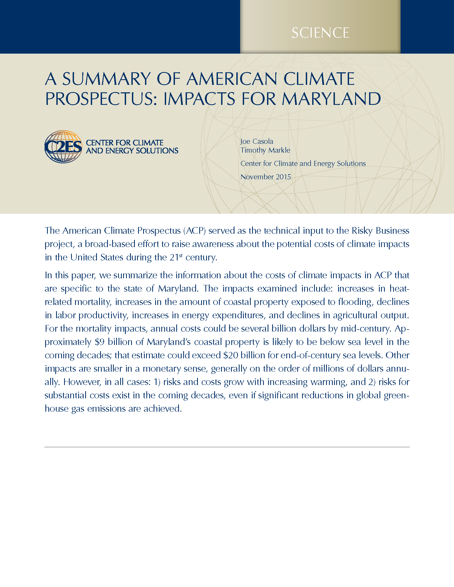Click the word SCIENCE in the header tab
click(x=320, y=33)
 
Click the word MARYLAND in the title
click(x=331, y=99)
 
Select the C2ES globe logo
click(x=63, y=147)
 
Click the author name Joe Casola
click(x=257, y=141)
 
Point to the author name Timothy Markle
click(x=265, y=150)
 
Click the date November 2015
click(x=265, y=177)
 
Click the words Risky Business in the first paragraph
click(x=380, y=231)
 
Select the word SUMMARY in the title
click(x=106, y=79)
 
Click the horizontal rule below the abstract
click(x=227, y=447)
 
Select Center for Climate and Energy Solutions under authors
click(x=303, y=163)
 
